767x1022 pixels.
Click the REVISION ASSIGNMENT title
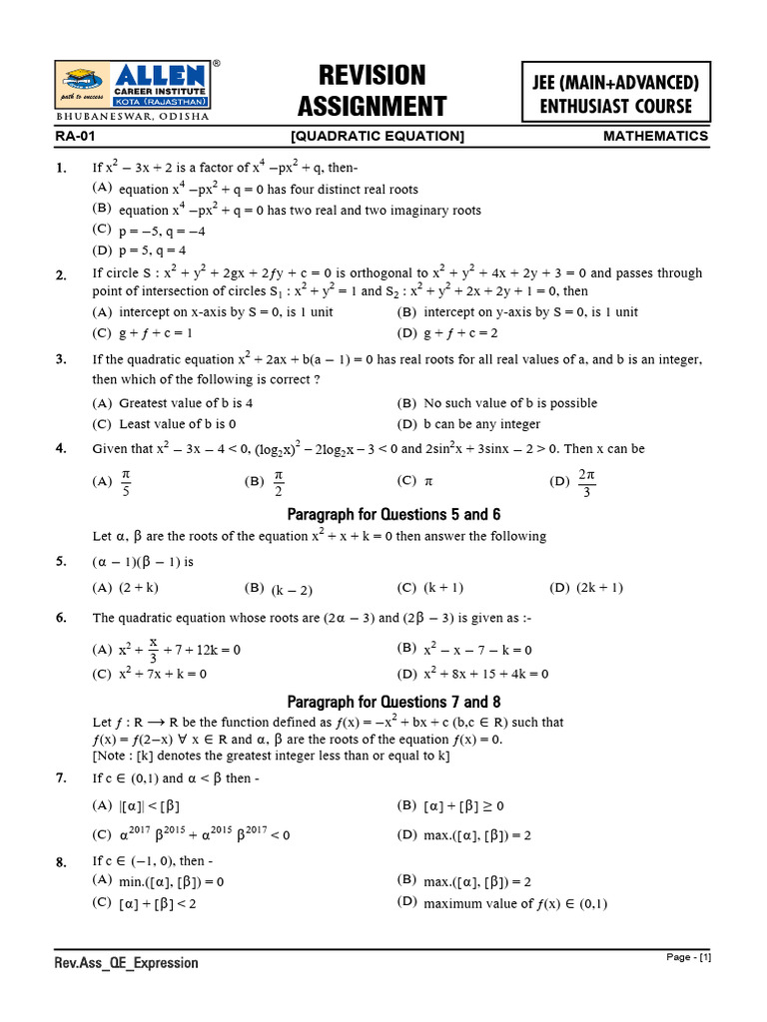pos(372,91)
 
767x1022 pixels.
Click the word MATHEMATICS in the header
pos(655,137)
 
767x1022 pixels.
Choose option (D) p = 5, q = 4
pos(140,251)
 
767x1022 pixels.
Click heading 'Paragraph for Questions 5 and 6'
pos(393,515)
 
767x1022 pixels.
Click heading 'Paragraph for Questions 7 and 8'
pos(393,702)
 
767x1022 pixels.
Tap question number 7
pos(62,776)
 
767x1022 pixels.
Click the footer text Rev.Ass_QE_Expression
pos(126,963)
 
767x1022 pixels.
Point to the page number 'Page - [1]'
pos(688,958)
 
